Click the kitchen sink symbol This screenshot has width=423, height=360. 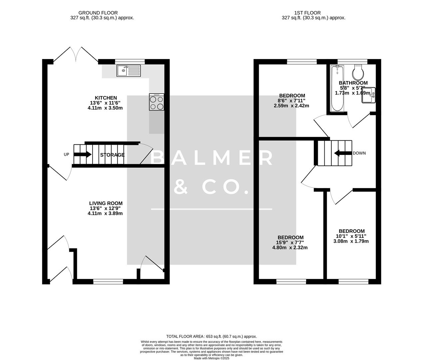129,70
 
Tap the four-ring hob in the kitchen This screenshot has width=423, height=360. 157,102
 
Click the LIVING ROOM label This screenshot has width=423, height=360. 106,203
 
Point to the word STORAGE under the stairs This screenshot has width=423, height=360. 113,155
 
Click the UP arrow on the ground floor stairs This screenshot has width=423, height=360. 83,154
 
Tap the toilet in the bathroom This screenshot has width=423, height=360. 358,70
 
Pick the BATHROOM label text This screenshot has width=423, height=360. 353,83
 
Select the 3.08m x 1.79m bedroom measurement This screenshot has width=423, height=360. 351,241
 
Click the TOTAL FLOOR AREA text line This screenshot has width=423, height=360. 211,337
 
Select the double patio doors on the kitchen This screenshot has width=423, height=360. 76,55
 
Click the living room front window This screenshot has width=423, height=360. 108,282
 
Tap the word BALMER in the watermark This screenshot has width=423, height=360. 212,158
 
